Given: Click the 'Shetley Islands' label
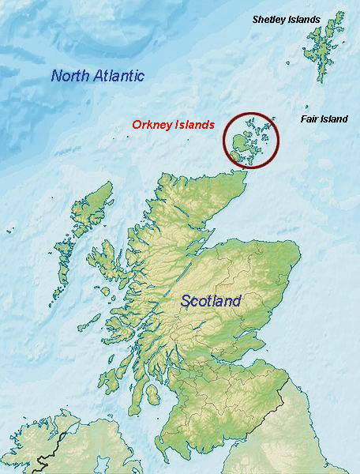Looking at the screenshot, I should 286,19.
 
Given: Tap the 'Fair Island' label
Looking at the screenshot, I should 324,119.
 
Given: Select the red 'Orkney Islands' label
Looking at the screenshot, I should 173,125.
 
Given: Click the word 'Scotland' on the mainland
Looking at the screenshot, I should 211,300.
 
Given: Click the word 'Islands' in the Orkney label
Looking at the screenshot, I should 195,125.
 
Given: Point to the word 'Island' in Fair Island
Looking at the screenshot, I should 335,119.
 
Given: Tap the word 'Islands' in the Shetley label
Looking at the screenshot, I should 304,19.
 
